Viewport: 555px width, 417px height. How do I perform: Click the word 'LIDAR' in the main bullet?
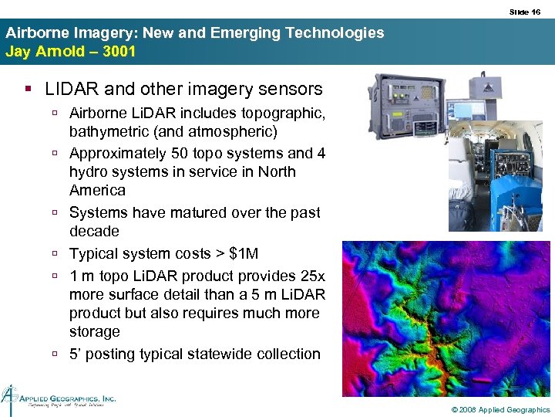pyautogui.click(x=69, y=90)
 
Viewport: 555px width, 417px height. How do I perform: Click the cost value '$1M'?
pyautogui.click(x=247, y=253)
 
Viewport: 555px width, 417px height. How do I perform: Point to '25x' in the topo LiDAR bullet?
pyautogui.click(x=311, y=276)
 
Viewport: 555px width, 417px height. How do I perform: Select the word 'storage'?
pyautogui.click(x=95, y=331)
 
